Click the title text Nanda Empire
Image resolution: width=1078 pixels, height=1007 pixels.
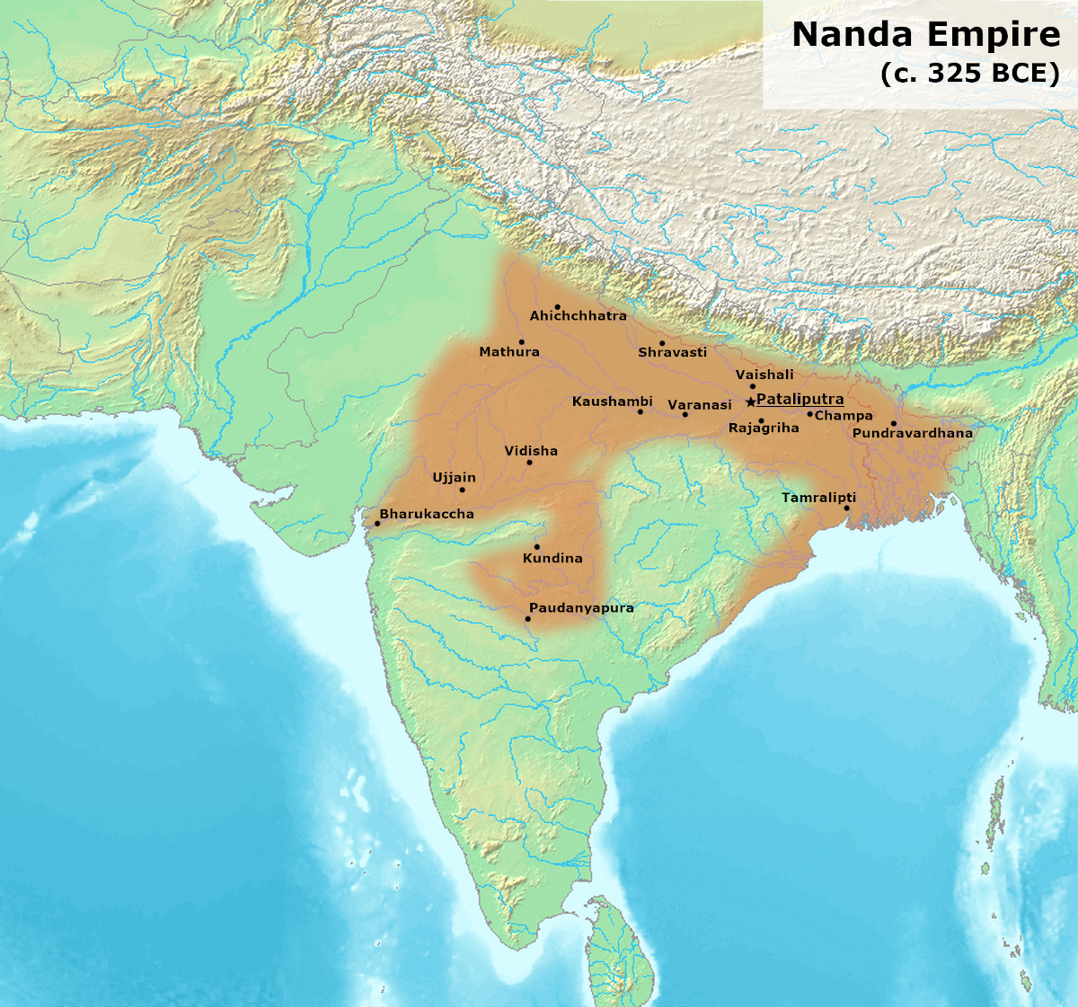(925, 35)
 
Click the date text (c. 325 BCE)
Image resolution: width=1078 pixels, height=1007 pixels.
(969, 74)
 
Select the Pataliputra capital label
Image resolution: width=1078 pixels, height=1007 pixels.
(800, 399)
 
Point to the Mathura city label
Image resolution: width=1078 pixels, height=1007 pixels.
(509, 352)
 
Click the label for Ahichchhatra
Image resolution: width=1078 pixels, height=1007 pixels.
(578, 316)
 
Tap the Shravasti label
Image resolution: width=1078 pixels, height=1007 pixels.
(672, 353)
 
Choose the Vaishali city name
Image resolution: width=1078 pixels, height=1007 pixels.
(764, 375)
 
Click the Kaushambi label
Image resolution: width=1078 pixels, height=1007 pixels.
(612, 402)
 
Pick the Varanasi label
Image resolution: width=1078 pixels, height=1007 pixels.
(700, 405)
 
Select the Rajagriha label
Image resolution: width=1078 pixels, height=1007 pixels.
(764, 428)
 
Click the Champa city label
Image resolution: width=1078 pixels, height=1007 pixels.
(844, 416)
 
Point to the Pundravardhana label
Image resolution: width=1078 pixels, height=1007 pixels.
(912, 433)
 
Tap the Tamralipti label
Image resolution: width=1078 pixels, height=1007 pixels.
(818, 498)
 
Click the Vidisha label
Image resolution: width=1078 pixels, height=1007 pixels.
(531, 451)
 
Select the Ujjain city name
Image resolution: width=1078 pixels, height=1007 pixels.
(454, 478)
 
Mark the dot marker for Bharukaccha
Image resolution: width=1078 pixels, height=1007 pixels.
(377, 524)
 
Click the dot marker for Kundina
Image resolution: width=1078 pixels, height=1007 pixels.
(537, 546)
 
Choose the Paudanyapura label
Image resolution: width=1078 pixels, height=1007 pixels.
(581, 608)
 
